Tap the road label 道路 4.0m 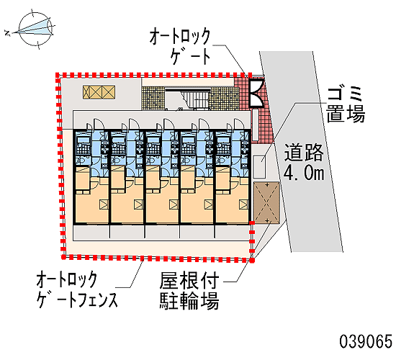[x=304, y=162]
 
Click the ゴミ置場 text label [x=346, y=104]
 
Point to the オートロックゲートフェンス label [x=77, y=289]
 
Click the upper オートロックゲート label [x=180, y=47]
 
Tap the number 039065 [x=366, y=341]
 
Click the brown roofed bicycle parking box [x=266, y=202]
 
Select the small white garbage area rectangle [x=260, y=167]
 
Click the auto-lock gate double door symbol [x=256, y=93]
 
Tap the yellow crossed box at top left [x=99, y=92]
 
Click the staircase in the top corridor [x=195, y=99]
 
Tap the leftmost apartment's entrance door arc [x=99, y=124]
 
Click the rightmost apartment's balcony [x=233, y=232]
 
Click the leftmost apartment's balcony [x=91, y=232]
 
